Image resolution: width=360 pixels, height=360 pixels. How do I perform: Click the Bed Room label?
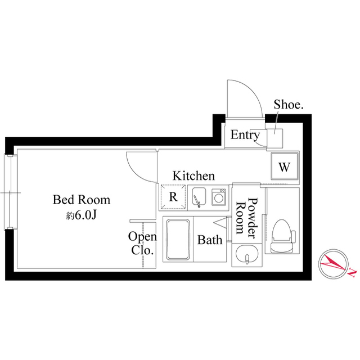pyautogui.click(x=82, y=200)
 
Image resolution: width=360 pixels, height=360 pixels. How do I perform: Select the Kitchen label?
pyautogui.click(x=193, y=175)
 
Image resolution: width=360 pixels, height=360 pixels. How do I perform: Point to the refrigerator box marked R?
pyautogui.click(x=173, y=197)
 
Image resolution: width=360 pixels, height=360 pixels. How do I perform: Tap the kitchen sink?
pyautogui.click(x=199, y=197)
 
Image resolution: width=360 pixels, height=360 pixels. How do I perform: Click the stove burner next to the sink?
pyautogui.click(x=218, y=197)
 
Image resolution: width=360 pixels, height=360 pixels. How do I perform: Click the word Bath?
pyautogui.click(x=209, y=240)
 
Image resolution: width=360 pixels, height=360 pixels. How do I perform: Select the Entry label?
pyautogui.click(x=245, y=135)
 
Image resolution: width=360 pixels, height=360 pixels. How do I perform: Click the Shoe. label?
pyautogui.click(x=289, y=105)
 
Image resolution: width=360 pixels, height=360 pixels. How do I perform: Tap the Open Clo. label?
pyautogui.click(x=142, y=243)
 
